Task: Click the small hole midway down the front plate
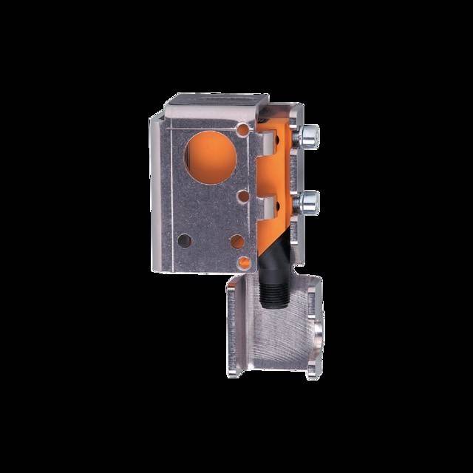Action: (x=242, y=196)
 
